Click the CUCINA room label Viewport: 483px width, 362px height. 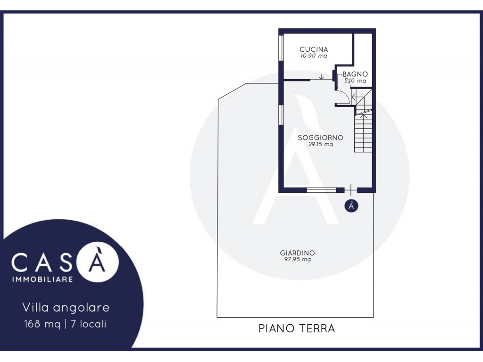pyautogui.click(x=314, y=49)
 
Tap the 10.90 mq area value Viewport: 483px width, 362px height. pyautogui.click(x=314, y=56)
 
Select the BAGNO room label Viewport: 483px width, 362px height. pyautogui.click(x=355, y=74)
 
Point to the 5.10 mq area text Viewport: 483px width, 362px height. pyautogui.click(x=355, y=81)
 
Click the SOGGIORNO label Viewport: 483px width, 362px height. pyautogui.click(x=320, y=138)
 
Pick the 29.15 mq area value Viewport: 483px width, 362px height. pyautogui.click(x=320, y=144)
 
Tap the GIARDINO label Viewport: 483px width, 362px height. pyautogui.click(x=297, y=253)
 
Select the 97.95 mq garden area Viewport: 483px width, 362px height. pyautogui.click(x=297, y=259)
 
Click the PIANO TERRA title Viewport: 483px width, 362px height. pyautogui.click(x=297, y=329)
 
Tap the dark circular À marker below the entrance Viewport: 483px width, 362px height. pyautogui.click(x=351, y=206)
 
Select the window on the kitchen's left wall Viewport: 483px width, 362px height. pyautogui.click(x=281, y=48)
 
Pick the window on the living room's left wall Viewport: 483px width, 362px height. pyautogui.click(x=281, y=115)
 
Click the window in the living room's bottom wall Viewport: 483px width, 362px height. pyautogui.click(x=321, y=190)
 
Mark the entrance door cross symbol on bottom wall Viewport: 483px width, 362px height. pyautogui.click(x=351, y=190)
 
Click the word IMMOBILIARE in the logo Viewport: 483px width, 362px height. pyautogui.click(x=42, y=279)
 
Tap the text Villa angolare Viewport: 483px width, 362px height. pyautogui.click(x=66, y=307)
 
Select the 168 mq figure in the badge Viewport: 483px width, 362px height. pyautogui.click(x=42, y=324)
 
